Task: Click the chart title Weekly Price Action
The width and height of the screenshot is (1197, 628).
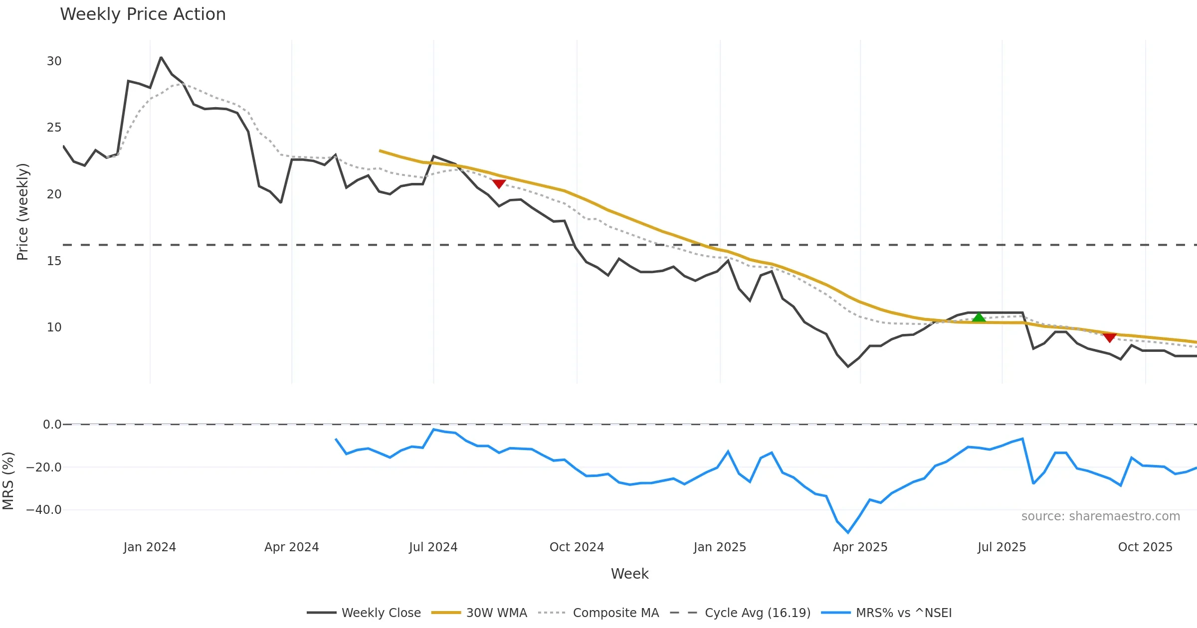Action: click(143, 14)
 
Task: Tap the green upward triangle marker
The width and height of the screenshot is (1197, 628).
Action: click(979, 317)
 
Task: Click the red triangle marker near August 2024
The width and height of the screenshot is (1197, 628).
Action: click(499, 184)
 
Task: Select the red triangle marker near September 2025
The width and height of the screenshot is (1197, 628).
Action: click(1109, 338)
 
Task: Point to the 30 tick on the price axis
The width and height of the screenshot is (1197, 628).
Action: click(54, 61)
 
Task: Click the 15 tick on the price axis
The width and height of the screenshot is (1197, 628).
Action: click(54, 261)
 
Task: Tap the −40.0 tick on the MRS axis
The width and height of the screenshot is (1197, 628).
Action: click(44, 510)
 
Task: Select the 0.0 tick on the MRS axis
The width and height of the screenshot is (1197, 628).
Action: click(52, 425)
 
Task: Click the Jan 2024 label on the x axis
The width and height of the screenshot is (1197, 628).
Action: click(150, 547)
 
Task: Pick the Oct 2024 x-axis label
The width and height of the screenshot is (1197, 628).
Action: click(577, 547)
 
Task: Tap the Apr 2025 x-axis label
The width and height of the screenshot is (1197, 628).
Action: click(860, 547)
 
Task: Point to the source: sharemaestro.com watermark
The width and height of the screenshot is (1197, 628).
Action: click(1100, 516)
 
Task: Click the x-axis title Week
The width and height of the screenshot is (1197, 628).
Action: click(629, 574)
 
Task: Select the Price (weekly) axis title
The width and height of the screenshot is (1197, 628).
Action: click(22, 212)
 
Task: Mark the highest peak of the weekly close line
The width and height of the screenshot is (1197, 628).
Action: click(161, 57)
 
